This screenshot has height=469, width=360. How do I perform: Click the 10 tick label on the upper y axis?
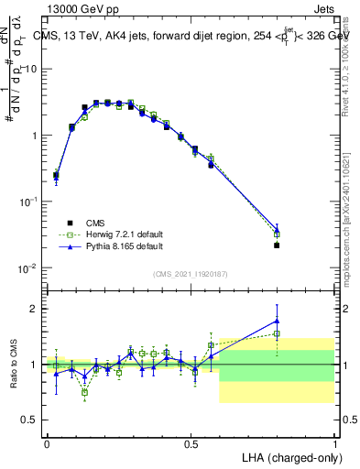point(31,70)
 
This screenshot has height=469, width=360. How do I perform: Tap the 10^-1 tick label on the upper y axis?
point(28,202)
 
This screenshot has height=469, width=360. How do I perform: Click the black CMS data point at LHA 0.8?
point(277,245)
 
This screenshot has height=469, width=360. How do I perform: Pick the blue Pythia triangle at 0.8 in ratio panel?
point(277,321)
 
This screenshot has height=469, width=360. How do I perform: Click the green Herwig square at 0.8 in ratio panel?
point(277,333)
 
